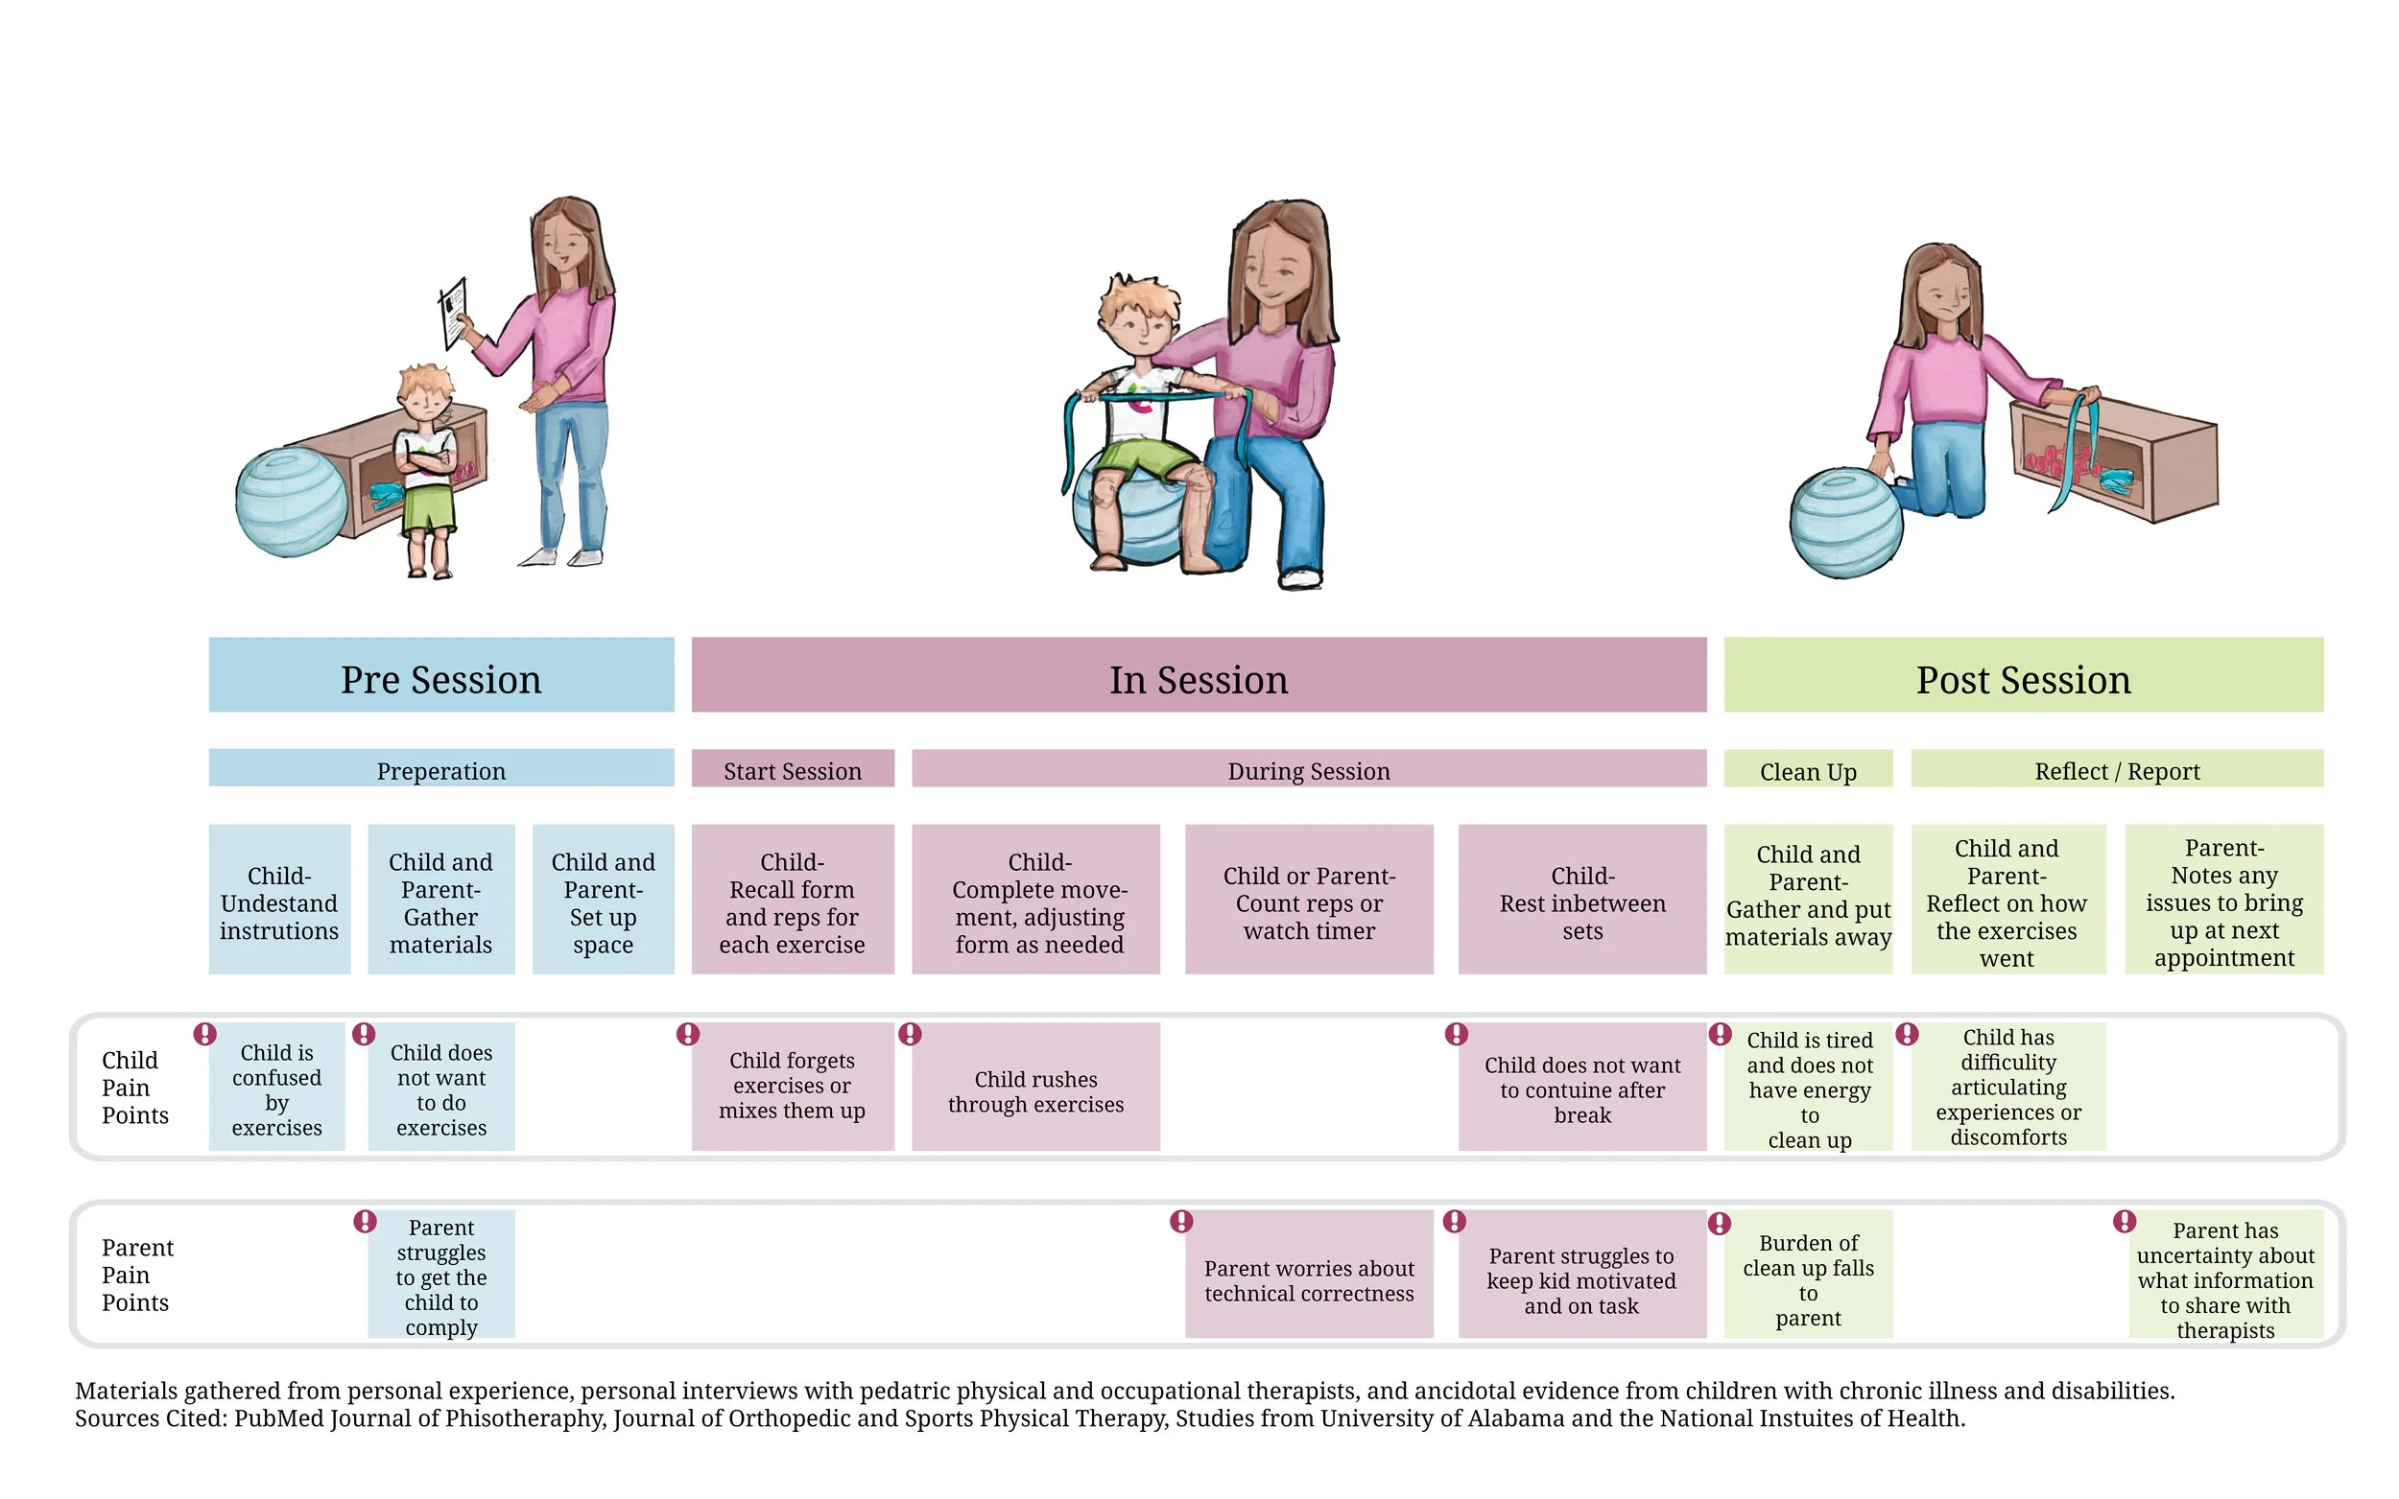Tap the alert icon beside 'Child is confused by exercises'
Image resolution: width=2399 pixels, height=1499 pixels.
[205, 1034]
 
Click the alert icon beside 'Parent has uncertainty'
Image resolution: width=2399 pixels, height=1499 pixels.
[2125, 1221]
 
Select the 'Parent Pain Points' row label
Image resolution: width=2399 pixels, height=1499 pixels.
[137, 1274]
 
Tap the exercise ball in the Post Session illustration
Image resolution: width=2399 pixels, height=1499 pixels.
[1845, 523]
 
